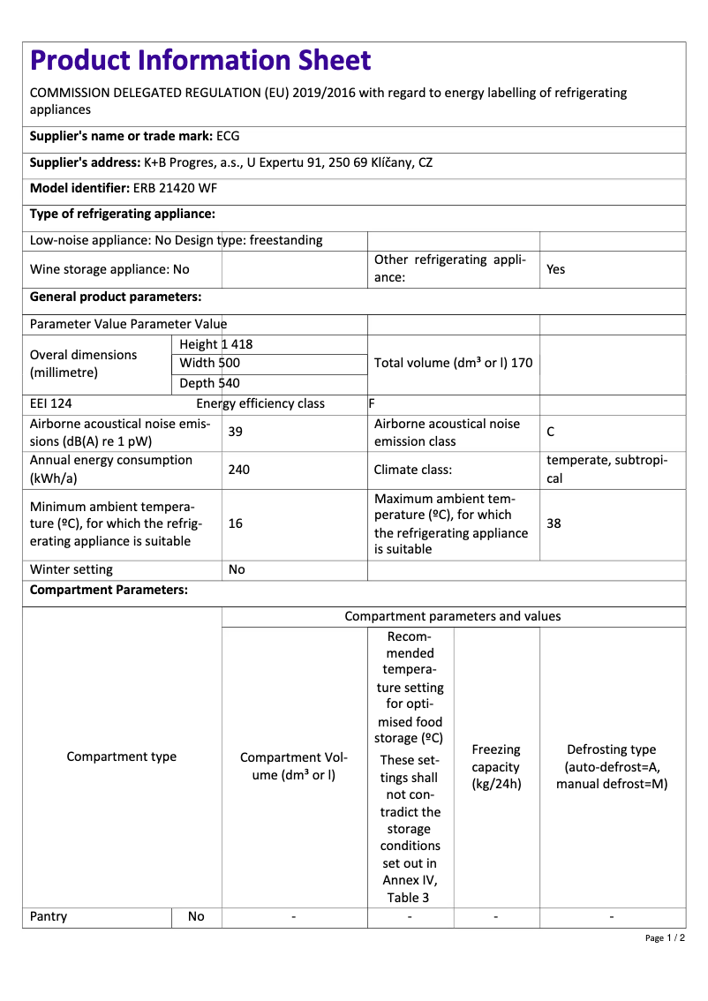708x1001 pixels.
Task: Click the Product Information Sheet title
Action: point(200,61)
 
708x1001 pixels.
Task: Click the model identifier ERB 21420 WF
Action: point(175,188)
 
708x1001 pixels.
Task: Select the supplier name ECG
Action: point(228,136)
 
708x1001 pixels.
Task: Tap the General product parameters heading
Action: point(116,297)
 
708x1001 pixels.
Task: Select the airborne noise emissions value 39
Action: point(236,432)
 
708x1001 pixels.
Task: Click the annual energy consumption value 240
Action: point(238,470)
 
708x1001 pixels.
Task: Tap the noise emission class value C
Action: point(551,432)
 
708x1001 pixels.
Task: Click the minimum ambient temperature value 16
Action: point(236,523)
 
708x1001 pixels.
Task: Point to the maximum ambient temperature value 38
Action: point(554,523)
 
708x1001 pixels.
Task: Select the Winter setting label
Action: point(72,569)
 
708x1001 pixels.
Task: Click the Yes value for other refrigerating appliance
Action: point(555,269)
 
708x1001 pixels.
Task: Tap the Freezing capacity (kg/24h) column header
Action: point(496,766)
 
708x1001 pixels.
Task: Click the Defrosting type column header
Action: point(612,766)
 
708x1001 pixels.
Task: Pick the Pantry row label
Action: point(49,916)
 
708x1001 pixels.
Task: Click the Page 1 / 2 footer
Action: point(665,937)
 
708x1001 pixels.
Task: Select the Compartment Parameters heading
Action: point(109,590)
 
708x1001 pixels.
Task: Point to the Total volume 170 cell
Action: point(453,363)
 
